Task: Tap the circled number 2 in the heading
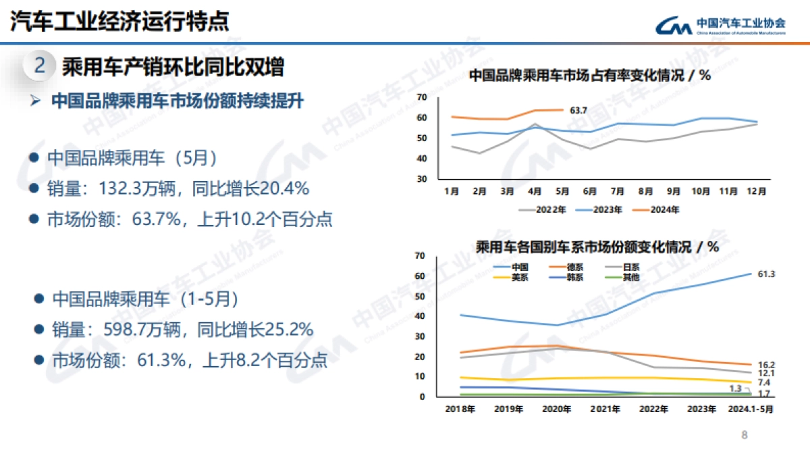(x=40, y=66)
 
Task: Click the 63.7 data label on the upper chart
(x=578, y=110)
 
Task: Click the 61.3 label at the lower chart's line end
(x=766, y=274)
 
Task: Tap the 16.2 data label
(x=766, y=365)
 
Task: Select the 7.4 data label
(x=764, y=382)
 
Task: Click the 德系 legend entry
(x=575, y=267)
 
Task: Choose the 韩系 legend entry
(x=575, y=277)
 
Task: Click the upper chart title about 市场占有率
(x=589, y=76)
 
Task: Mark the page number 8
(x=745, y=435)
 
